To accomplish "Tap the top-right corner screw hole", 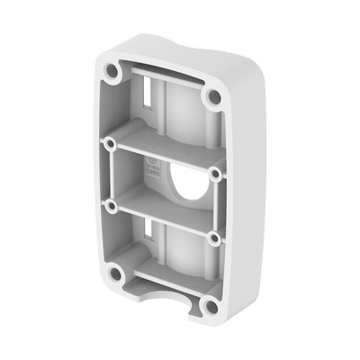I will (213, 94).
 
